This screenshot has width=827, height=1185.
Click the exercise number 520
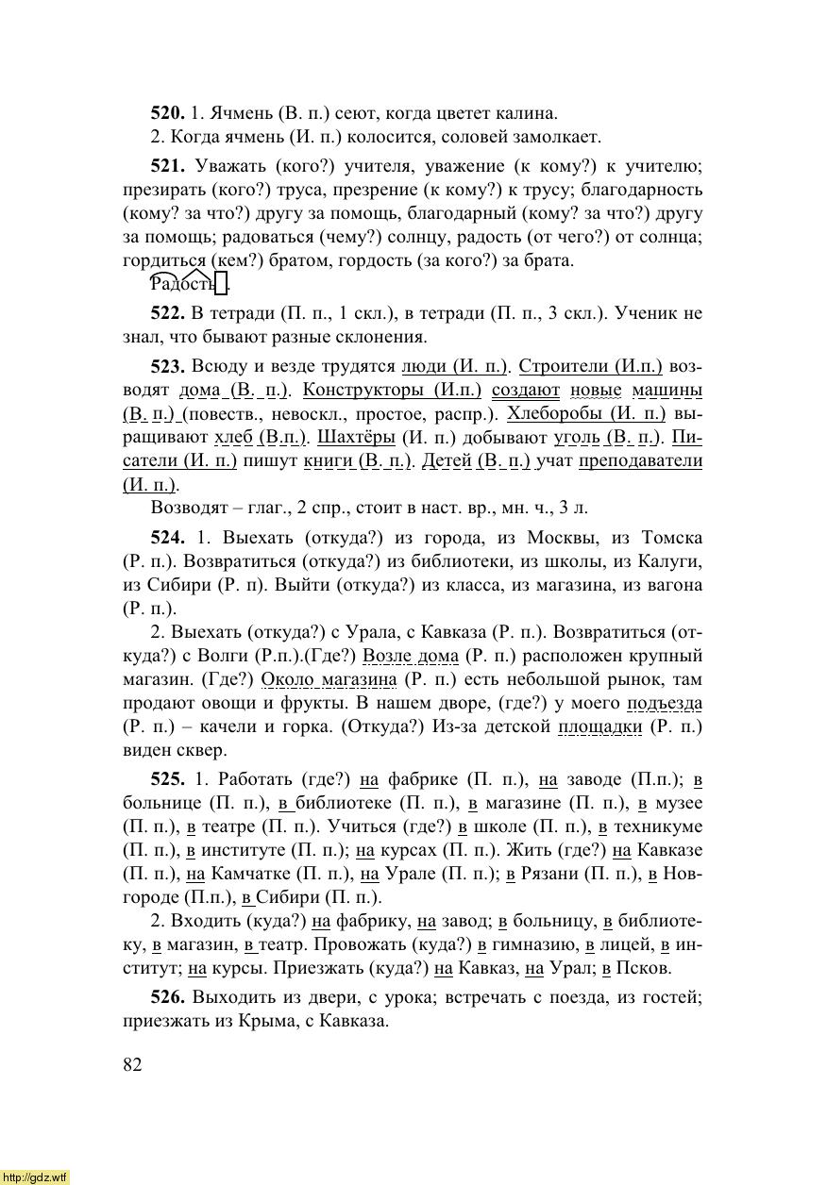coord(167,113)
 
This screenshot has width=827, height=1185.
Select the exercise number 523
coord(167,365)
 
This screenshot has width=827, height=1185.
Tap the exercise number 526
coord(167,997)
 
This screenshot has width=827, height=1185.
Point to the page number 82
coord(132,1064)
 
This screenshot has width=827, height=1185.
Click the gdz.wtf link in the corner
coord(35,1177)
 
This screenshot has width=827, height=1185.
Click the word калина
coord(525,113)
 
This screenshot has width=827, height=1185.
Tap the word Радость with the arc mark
coord(182,284)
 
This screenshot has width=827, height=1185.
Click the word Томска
coord(671,538)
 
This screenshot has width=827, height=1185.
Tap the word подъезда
coord(666,703)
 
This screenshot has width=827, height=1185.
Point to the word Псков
coord(644,968)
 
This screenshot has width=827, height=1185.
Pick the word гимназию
coord(532,944)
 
